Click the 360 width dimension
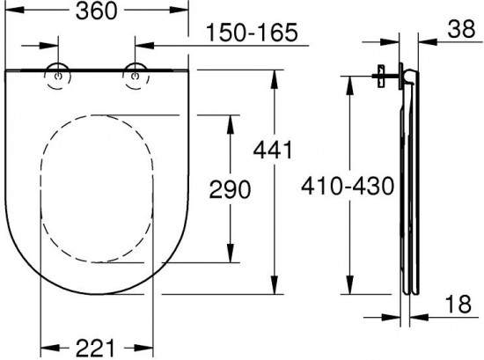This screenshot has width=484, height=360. (97, 11)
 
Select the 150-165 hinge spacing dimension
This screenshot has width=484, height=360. (252, 33)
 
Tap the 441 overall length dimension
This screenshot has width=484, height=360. (272, 150)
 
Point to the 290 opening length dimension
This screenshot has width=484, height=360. (230, 189)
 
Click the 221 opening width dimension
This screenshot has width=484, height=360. (96, 349)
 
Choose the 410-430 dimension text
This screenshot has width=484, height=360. (348, 186)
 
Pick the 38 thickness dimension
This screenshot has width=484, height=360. (461, 29)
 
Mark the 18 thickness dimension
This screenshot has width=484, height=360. (458, 304)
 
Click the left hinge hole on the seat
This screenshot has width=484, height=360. (58, 77)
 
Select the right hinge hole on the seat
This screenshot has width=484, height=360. (135, 76)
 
